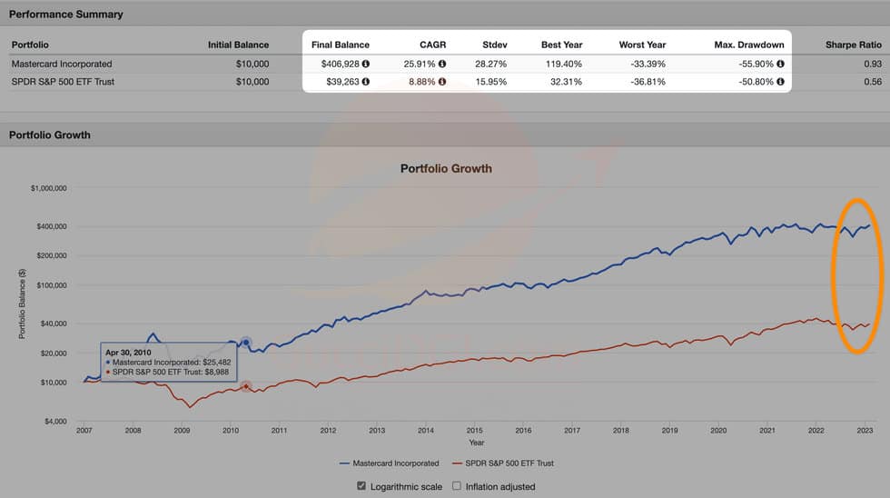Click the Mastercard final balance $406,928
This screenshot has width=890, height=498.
pyautogui.click(x=340, y=65)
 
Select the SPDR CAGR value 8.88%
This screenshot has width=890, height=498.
pyautogui.click(x=420, y=82)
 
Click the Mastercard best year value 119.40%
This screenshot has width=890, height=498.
pyautogui.click(x=564, y=65)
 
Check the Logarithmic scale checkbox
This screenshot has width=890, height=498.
pyautogui.click(x=361, y=486)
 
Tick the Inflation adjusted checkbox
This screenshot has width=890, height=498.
pyautogui.click(x=457, y=486)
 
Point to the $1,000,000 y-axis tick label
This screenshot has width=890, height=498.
pyautogui.click(x=54, y=189)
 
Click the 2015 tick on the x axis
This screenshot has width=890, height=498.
pyautogui.click(x=474, y=431)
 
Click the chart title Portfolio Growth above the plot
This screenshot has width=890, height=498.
pyautogui.click(x=445, y=168)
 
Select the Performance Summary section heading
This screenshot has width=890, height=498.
pyautogui.click(x=65, y=15)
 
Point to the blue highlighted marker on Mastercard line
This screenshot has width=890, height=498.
pyautogui.click(x=245, y=343)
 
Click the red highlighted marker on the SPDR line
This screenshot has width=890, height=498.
pyautogui.click(x=245, y=386)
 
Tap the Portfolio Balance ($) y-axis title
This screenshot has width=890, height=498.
pyautogui.click(x=21, y=304)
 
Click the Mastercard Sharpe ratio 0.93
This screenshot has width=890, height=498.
pyautogui.click(x=873, y=65)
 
